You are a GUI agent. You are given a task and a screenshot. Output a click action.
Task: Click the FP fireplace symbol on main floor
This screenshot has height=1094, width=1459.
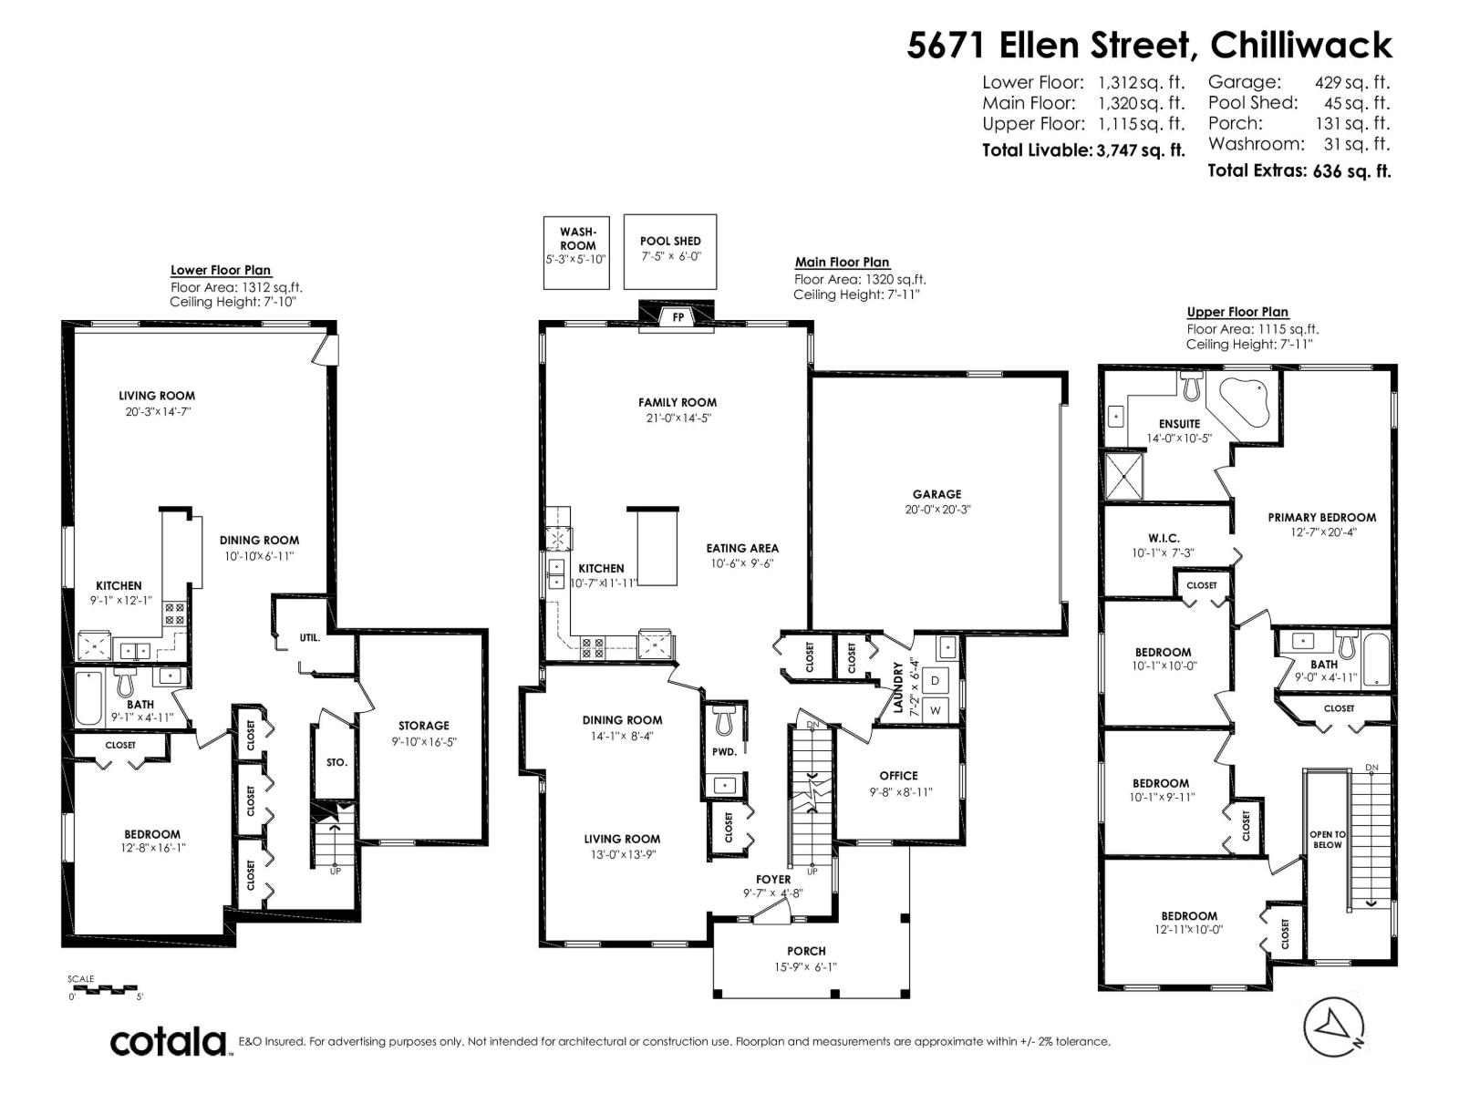tap(678, 316)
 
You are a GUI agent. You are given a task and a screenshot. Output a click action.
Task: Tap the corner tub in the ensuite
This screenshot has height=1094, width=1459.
tap(1239, 403)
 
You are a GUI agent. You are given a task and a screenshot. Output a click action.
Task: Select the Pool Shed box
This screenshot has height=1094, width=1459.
tap(670, 252)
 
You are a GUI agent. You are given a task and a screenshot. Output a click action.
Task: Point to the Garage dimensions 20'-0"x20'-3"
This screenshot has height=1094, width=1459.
tap(938, 511)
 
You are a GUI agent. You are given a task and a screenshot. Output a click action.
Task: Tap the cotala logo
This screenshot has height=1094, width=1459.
tap(170, 1042)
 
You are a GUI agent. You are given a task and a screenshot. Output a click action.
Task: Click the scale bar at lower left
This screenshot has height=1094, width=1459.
tap(102, 989)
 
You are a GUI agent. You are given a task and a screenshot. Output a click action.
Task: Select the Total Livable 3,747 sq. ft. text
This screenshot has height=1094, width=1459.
tap(1082, 150)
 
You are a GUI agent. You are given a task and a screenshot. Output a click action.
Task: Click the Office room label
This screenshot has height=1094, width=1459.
tap(898, 776)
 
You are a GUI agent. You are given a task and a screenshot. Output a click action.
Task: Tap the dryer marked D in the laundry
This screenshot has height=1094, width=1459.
tap(936, 680)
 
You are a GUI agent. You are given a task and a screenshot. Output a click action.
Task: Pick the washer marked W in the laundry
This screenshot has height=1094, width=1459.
tap(936, 709)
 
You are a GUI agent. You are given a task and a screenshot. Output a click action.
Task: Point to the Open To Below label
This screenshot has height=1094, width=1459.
tap(1327, 839)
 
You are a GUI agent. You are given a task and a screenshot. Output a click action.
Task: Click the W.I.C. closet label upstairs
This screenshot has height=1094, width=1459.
tap(1150, 537)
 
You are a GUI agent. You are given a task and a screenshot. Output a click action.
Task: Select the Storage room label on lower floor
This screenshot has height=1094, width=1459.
tap(423, 726)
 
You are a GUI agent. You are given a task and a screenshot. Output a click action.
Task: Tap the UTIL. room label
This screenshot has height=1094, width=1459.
tap(310, 637)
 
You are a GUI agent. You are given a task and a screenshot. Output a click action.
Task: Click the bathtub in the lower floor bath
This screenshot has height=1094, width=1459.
tap(89, 697)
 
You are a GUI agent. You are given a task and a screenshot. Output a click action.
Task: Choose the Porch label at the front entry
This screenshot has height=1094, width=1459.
tap(806, 951)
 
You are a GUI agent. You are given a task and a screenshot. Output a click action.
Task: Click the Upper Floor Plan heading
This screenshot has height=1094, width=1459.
tap(1237, 312)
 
